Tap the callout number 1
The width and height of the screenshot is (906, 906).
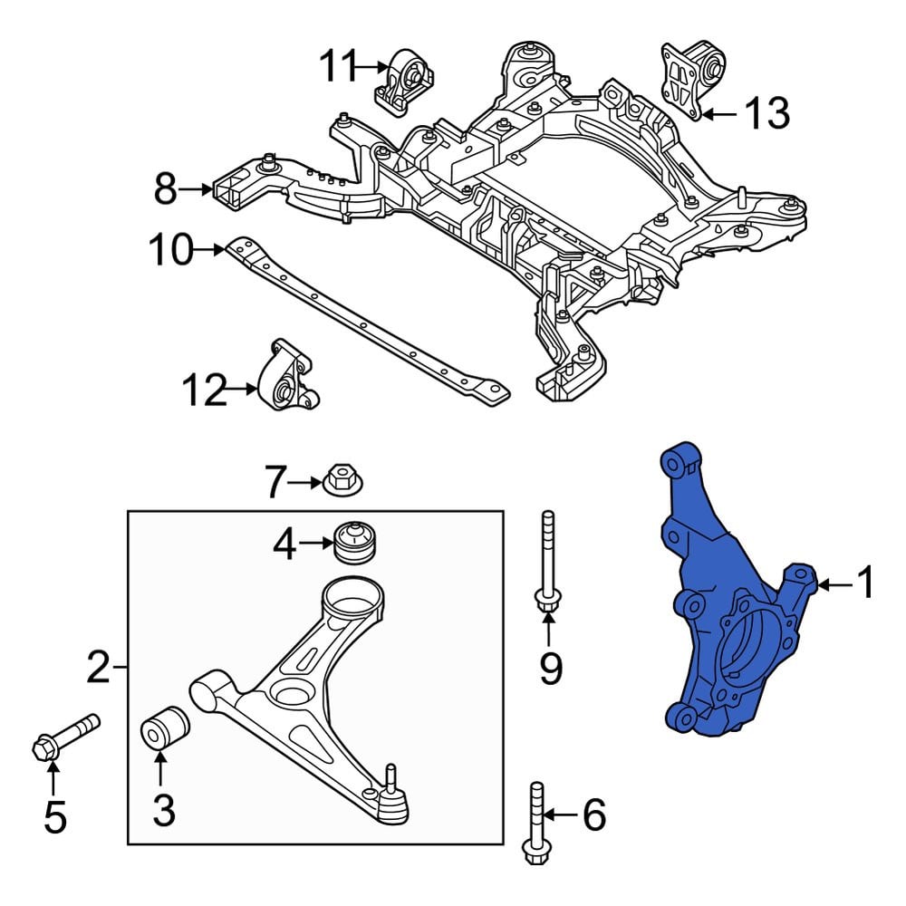[x=865, y=584]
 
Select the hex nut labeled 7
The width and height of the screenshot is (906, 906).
[x=342, y=480]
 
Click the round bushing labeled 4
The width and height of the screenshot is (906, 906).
[x=355, y=543]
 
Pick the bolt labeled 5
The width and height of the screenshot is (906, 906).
[x=65, y=737]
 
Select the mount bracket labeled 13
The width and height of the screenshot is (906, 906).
[x=692, y=80]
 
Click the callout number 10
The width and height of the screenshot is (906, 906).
[x=170, y=250]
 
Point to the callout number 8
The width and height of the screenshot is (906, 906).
[x=165, y=189]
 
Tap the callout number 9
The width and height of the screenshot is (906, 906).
[x=550, y=668]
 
